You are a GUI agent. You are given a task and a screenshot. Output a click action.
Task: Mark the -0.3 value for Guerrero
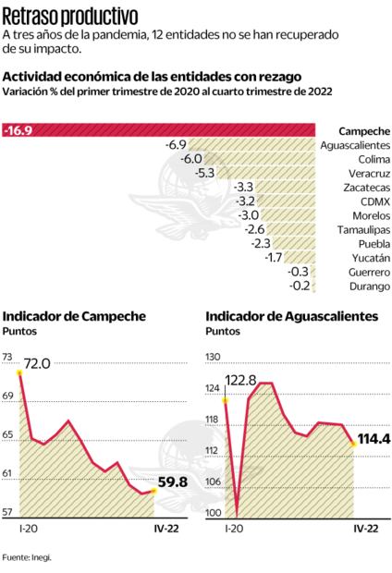[x=298, y=272]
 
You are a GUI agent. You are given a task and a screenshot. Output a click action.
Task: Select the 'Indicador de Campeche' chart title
[x=75, y=316]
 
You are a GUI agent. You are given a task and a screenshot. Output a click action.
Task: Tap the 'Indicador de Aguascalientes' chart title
[x=292, y=316]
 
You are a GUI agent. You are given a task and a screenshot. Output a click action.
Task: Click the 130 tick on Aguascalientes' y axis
[x=214, y=356]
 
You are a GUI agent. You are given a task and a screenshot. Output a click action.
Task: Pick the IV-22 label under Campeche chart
[x=165, y=530]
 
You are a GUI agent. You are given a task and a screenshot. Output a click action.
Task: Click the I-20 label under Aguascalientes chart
[x=233, y=530]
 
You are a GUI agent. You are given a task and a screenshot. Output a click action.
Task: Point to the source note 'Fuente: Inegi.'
[x=27, y=557]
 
